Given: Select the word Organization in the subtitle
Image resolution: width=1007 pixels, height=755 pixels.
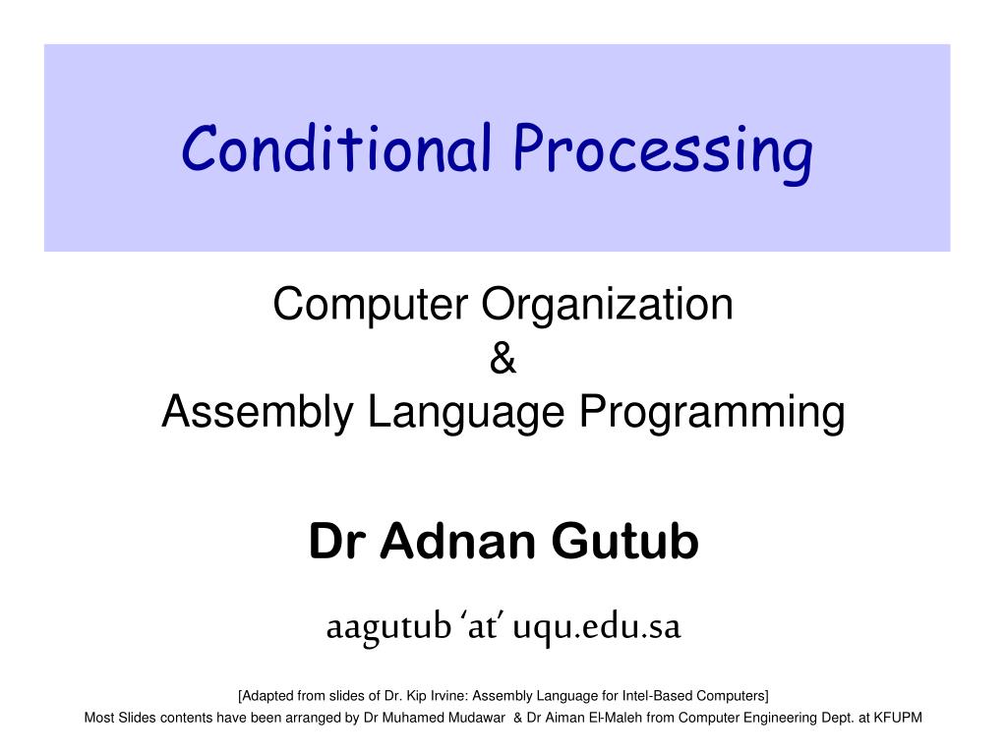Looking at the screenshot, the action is (x=608, y=304).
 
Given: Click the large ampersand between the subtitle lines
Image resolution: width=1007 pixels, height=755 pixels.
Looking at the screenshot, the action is (x=503, y=358).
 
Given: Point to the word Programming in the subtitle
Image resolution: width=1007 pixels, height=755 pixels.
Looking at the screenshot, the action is (x=712, y=412).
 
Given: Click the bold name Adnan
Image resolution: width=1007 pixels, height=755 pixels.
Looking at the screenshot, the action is (x=457, y=542).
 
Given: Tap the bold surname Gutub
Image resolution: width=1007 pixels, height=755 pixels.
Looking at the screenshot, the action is (x=624, y=542).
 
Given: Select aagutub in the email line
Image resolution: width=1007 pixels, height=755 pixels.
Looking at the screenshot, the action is (x=389, y=627).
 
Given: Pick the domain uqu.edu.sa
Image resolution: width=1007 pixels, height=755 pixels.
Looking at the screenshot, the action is (x=597, y=626).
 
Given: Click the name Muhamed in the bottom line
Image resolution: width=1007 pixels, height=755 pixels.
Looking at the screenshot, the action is (x=410, y=718).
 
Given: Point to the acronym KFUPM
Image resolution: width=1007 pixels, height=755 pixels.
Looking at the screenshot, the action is (x=898, y=718).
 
